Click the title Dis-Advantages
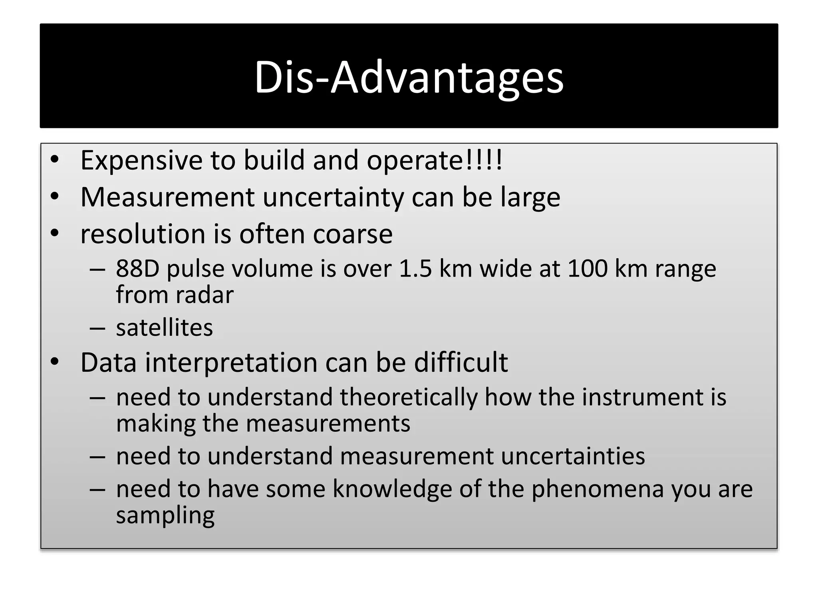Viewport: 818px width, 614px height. (409, 77)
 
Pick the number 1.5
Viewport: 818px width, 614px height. (415, 269)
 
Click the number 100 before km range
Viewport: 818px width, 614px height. (587, 269)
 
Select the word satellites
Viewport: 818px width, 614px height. (164, 328)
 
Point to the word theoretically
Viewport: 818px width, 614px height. (409, 397)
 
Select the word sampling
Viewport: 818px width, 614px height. (165, 516)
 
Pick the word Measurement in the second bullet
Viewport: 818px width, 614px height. (167, 197)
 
